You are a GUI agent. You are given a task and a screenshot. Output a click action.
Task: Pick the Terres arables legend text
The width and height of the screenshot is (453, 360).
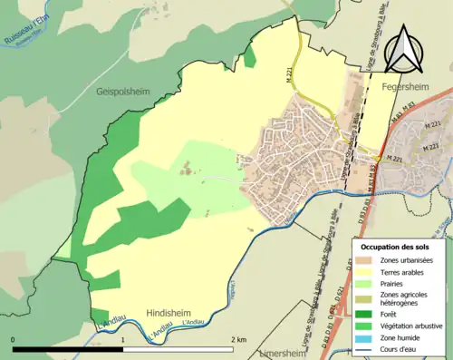click(x=404, y=272)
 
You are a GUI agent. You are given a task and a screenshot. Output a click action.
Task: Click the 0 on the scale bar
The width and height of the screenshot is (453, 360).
click(x=14, y=340)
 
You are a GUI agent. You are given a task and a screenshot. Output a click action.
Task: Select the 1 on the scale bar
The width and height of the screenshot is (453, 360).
click(x=122, y=340)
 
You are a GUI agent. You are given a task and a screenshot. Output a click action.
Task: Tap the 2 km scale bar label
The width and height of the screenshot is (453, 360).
click(x=238, y=340)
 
